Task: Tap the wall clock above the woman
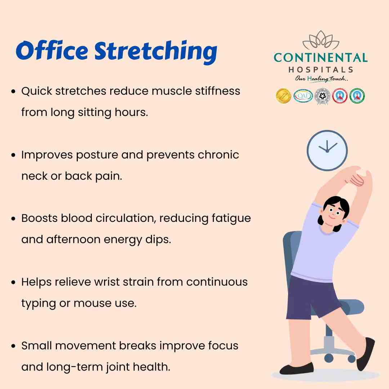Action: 327,150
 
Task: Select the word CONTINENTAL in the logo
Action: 321,58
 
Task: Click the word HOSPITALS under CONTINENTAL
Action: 321,70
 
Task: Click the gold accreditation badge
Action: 283,96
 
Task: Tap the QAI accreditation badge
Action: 303,96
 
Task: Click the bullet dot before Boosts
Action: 14,219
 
